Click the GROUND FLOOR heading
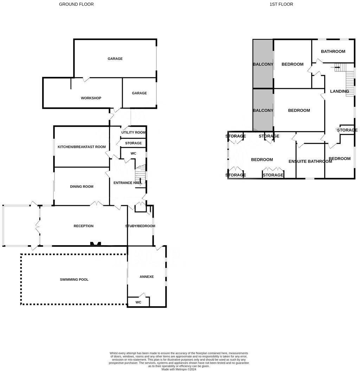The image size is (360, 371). [x=76, y=4]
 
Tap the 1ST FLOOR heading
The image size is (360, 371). [x=281, y=4]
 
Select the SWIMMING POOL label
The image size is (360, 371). [x=74, y=279]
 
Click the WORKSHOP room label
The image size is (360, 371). [x=91, y=98]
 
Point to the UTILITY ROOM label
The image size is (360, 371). [x=133, y=132]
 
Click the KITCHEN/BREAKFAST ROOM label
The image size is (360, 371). [x=82, y=147]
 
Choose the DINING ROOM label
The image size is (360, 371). [x=82, y=187]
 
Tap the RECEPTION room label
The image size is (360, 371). [x=84, y=226]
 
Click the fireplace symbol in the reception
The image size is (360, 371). [x=96, y=243]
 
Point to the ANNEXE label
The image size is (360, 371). [x=147, y=276]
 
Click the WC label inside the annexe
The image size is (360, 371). [x=138, y=302]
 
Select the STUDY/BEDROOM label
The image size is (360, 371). [x=140, y=226]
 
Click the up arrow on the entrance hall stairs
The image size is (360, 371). [x=140, y=180]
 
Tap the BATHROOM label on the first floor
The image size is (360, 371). [x=333, y=51]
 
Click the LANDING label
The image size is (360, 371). [x=339, y=91]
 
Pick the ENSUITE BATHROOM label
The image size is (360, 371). [x=310, y=161]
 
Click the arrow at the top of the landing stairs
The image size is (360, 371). [x=337, y=67]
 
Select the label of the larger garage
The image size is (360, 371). [x=115, y=59]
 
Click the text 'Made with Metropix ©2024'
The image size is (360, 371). [x=179, y=369]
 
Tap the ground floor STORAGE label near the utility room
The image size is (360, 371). [x=133, y=143]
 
